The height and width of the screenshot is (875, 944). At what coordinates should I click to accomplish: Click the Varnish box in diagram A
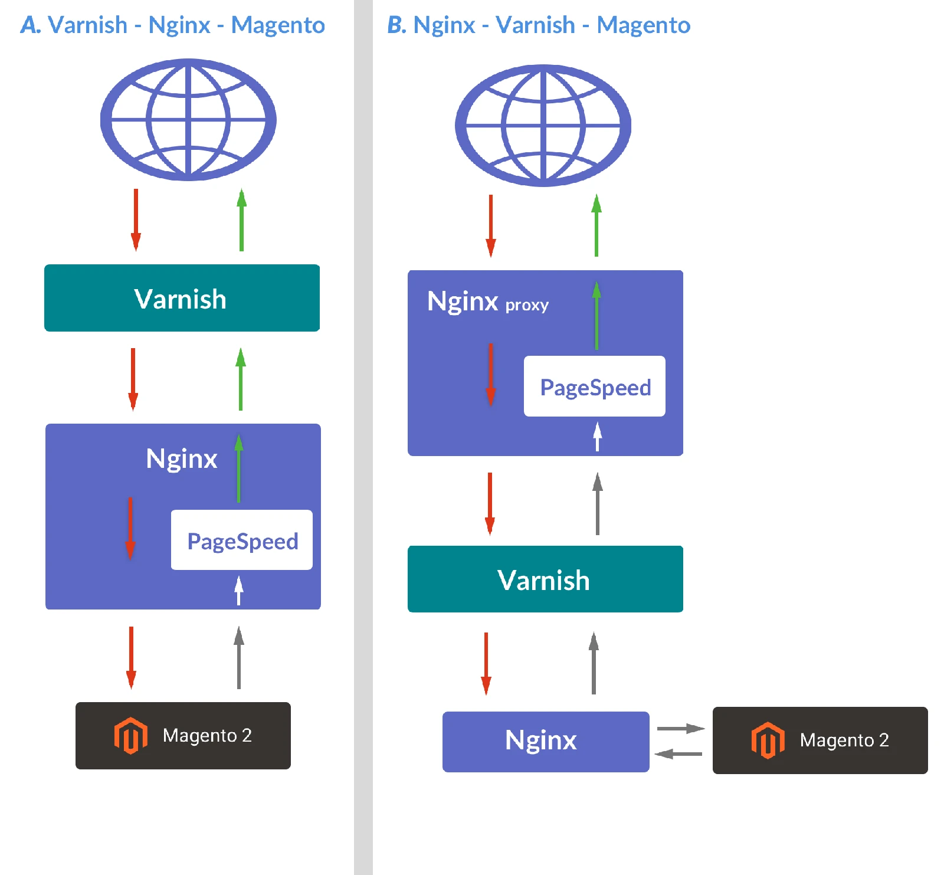(x=182, y=298)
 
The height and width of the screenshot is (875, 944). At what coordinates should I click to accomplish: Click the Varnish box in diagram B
(x=545, y=579)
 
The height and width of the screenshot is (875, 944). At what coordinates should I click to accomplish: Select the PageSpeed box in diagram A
(x=241, y=540)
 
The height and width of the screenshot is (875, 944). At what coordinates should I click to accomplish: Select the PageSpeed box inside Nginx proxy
(x=594, y=386)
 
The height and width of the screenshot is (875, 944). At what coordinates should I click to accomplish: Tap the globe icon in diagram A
(x=188, y=120)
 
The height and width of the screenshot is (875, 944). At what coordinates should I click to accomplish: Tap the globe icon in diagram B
(x=543, y=126)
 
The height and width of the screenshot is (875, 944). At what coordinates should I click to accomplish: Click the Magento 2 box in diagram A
(x=183, y=735)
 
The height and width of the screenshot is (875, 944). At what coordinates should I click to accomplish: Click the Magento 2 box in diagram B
(x=820, y=740)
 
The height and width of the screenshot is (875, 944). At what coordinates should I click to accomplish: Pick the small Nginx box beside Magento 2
(x=545, y=741)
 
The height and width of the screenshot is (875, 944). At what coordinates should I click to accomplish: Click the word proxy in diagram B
(x=527, y=305)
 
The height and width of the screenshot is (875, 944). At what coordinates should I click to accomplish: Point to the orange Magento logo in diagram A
(x=130, y=735)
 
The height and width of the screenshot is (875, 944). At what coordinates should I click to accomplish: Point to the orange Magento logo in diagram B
(x=768, y=740)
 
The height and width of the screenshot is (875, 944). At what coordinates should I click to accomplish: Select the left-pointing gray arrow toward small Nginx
(x=678, y=753)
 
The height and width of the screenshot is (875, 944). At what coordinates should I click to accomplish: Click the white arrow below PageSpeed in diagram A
(x=239, y=590)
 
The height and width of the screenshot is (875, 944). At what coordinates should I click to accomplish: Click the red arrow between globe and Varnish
(x=136, y=219)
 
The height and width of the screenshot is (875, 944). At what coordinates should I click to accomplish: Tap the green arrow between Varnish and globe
(x=241, y=219)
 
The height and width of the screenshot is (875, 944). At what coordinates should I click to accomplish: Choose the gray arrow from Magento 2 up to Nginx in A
(x=239, y=657)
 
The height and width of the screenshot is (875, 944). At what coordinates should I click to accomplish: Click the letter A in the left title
(x=30, y=25)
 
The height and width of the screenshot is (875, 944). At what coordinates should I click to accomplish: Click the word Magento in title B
(x=643, y=25)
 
